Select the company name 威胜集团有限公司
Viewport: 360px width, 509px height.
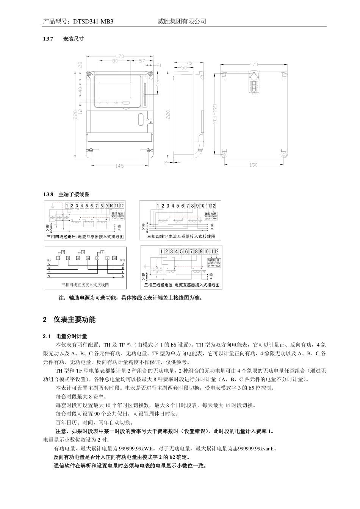click(182, 22)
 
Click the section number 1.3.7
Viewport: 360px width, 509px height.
click(49, 39)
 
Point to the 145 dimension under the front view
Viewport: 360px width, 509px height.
click(120, 166)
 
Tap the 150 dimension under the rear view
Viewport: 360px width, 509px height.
click(254, 165)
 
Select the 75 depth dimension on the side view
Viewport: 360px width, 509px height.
click(189, 63)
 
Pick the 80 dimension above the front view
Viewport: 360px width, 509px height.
click(115, 61)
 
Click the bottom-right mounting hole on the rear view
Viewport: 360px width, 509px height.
click(283, 155)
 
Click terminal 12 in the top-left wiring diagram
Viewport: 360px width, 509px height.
click(122, 206)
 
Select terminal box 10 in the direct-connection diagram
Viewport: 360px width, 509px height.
click(114, 258)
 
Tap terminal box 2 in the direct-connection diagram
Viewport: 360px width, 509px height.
click(63, 252)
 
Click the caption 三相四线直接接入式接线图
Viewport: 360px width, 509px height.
click(85, 284)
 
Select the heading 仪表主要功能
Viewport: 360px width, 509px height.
click(75, 320)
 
